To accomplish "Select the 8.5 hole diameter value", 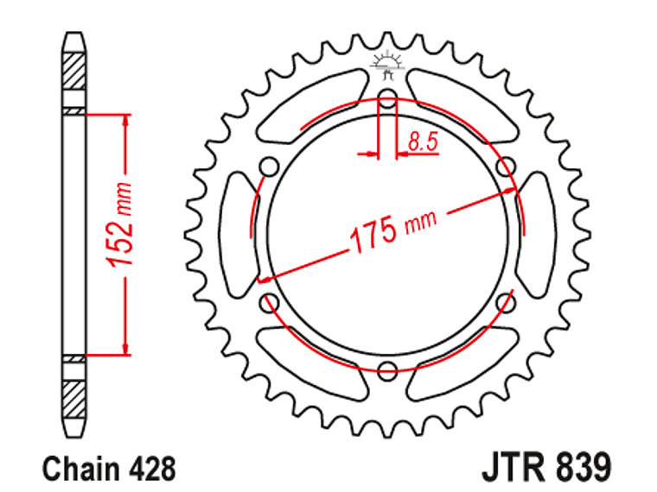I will (423, 141).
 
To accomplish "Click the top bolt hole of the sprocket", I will (387, 101).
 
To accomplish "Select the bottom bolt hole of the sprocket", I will (387, 371).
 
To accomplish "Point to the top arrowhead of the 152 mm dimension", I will (127, 121).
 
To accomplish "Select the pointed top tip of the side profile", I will (75, 35).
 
